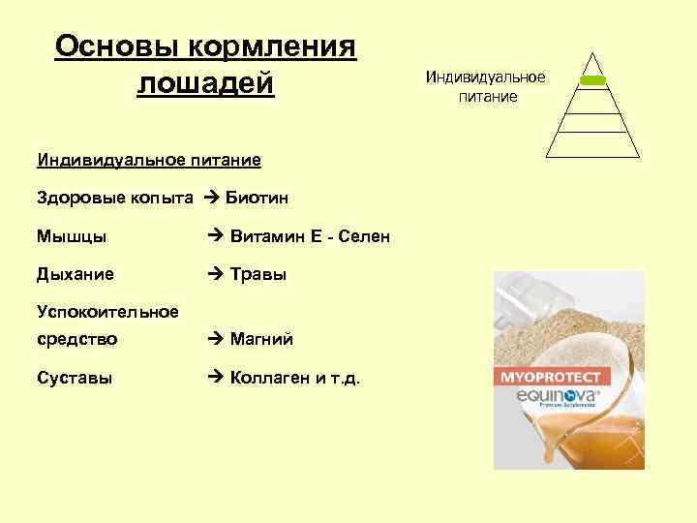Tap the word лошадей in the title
click(206, 83)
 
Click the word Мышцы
click(72, 235)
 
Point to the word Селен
click(364, 235)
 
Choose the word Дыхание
click(76, 274)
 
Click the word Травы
click(258, 274)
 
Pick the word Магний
click(261, 339)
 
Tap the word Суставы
click(75, 378)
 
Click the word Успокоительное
click(107, 311)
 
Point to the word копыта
click(163, 198)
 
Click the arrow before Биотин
click(212, 198)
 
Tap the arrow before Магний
click(217, 339)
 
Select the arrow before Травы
click(217, 274)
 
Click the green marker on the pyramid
click(592, 80)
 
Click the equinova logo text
click(550, 395)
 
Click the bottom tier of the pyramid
click(592, 144)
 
